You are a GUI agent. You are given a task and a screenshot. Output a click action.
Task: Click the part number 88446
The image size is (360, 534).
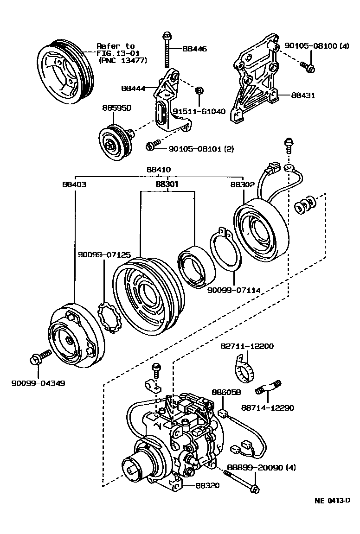click(194, 49)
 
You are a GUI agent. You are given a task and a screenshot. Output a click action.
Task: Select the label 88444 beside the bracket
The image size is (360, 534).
click(133, 88)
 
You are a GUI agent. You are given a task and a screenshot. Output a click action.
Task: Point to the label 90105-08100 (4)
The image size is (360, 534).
click(316, 46)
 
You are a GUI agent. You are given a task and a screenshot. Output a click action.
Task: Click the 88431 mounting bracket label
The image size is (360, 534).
click(303, 95)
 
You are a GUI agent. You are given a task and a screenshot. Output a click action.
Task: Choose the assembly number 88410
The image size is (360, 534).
click(159, 170)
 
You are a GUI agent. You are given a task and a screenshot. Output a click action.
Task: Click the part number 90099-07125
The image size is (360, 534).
click(104, 254)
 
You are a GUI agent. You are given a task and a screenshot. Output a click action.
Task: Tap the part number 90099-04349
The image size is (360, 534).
click(38, 383)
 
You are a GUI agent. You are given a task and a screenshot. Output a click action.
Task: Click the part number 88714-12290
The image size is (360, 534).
click(267, 407)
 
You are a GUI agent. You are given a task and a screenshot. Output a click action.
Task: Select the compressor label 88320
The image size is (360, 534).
click(207, 485)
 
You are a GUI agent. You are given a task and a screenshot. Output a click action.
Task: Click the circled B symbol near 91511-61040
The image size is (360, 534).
click(199, 90)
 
